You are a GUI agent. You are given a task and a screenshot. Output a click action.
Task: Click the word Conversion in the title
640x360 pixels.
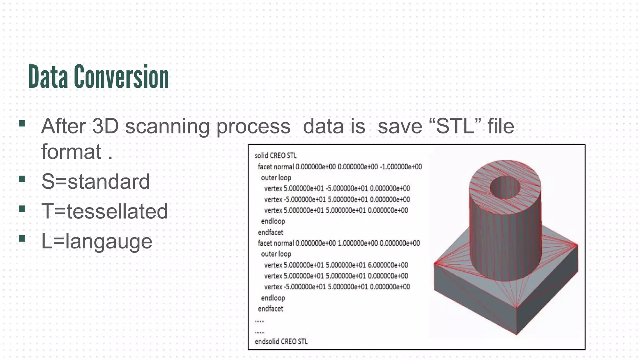(122, 77)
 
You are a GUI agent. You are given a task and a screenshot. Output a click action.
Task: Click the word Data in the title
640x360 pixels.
(48, 77)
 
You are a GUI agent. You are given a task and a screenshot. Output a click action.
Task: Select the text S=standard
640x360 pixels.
(96, 181)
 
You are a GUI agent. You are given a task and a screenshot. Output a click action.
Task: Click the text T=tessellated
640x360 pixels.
(105, 211)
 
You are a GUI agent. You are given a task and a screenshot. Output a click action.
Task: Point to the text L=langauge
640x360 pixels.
(97, 241)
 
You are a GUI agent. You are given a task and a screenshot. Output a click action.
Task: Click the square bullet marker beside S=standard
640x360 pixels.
(22, 179)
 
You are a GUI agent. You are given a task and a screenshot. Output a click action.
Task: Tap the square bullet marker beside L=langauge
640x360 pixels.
(22, 238)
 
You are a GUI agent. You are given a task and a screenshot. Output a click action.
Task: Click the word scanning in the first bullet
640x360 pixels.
(167, 126)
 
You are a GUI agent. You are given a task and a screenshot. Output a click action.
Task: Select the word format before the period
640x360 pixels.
(71, 152)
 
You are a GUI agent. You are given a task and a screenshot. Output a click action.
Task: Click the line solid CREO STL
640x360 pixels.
(275, 155)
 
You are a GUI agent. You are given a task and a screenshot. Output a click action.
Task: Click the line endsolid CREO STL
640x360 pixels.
(281, 341)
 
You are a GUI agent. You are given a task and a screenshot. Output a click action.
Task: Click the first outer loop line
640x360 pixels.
(276, 177)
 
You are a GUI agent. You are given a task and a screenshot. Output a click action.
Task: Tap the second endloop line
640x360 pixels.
(273, 298)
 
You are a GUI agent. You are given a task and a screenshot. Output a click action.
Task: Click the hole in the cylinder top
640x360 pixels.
(505, 187)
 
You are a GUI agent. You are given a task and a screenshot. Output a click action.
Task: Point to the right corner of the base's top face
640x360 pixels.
(577, 245)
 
